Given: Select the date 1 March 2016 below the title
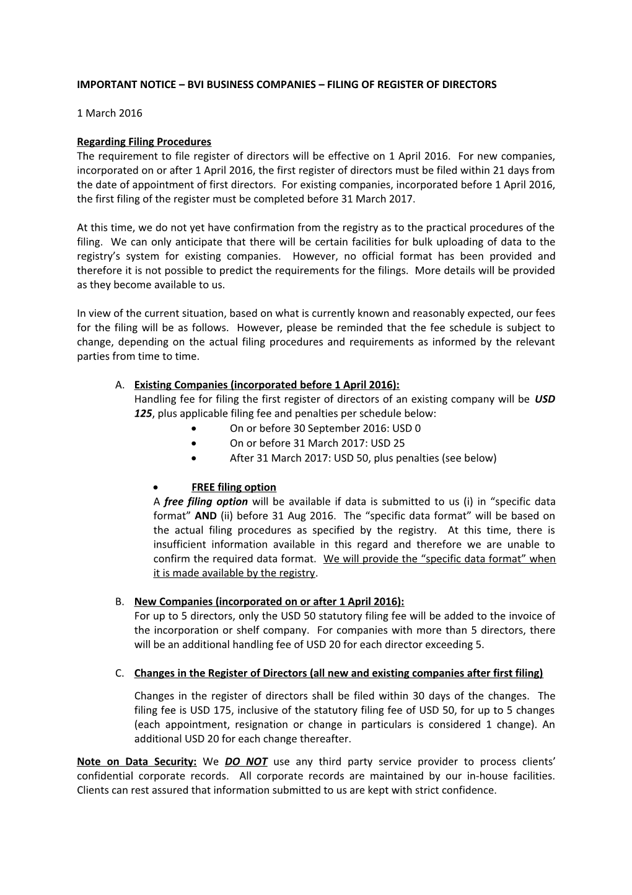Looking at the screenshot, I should [109, 113].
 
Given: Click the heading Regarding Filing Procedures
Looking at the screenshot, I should [144, 141].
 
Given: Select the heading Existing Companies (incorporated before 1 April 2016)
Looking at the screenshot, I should [271, 385].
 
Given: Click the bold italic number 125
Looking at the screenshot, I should [143, 413].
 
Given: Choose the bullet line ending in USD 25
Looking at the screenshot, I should [317, 443].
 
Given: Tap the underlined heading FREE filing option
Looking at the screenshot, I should [234, 487].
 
